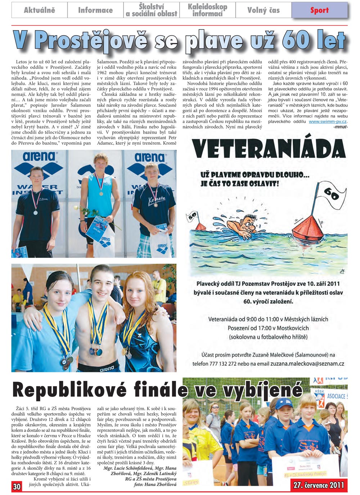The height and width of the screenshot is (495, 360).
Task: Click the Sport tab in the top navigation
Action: pos(319,10)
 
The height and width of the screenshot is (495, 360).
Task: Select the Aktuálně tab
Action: pos(39,10)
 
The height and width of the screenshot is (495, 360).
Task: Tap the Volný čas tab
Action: pos(263,10)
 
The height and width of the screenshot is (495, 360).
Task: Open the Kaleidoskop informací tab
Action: pos(207,10)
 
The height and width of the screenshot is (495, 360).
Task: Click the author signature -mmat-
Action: pos(341,127)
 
